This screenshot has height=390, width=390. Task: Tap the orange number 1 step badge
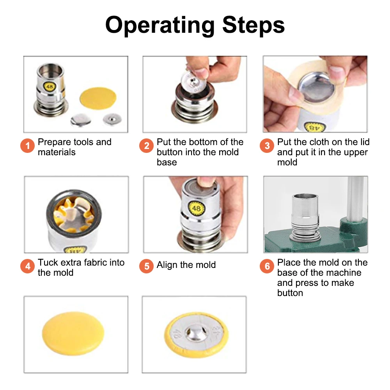(x=27, y=146)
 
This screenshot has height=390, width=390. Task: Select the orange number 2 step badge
(x=146, y=146)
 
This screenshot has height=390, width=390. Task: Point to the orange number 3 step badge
(x=267, y=146)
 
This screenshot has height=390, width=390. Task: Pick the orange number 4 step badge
(x=27, y=266)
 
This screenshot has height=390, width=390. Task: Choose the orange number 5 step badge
(x=146, y=266)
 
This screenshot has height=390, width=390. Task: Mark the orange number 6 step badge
(x=267, y=266)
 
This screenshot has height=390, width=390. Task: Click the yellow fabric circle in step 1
(x=98, y=98)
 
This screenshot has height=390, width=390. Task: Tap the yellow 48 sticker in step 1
(x=50, y=87)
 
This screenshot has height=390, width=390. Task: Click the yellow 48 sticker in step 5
(x=197, y=208)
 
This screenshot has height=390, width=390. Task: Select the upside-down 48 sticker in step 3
(x=314, y=128)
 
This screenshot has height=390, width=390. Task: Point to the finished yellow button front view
(x=73, y=333)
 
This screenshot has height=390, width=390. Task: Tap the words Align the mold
(x=186, y=265)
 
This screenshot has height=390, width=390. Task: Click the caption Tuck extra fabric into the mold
(x=81, y=268)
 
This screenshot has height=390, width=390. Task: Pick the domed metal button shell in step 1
(x=80, y=120)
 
